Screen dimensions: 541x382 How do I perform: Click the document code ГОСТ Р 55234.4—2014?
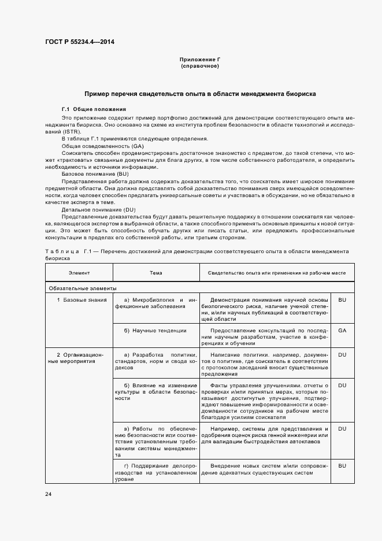(x=79, y=42)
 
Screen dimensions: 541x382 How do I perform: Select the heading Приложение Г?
(x=200, y=60)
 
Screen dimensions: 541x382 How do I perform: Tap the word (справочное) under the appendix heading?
(x=200, y=66)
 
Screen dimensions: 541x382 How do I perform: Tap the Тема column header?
(x=156, y=273)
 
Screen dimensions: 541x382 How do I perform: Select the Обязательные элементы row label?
(x=83, y=288)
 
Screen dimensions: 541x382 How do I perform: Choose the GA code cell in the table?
(x=342, y=330)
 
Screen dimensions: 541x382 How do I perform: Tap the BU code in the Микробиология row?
(x=342, y=300)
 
